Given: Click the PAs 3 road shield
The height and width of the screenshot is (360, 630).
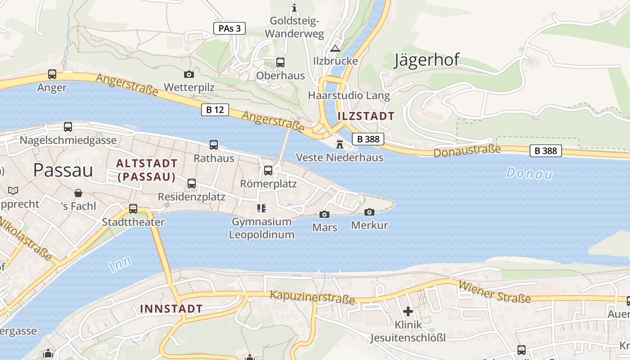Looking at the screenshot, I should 229,28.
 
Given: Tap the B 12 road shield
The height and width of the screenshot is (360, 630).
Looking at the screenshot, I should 215,110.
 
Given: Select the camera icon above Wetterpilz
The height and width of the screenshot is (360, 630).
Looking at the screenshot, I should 189,74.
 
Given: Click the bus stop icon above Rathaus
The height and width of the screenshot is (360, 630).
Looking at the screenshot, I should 214,145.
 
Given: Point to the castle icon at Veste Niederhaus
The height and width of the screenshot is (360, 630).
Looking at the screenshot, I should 339,144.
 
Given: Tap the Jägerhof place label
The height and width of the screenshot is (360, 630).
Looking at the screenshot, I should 426,60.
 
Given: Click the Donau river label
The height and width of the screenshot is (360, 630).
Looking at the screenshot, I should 529,173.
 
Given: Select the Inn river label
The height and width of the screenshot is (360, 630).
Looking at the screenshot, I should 121,264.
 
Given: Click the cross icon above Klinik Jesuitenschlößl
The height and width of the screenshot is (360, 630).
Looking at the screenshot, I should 408,311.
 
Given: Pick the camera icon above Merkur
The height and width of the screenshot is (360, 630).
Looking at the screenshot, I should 369,212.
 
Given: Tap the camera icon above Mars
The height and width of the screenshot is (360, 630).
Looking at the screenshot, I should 324,214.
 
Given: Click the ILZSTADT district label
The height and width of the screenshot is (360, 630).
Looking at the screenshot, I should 365,116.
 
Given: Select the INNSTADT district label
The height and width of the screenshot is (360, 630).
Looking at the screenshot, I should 171,309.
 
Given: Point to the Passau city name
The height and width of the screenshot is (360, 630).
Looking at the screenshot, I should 63,170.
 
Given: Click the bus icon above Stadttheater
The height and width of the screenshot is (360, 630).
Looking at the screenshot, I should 133,209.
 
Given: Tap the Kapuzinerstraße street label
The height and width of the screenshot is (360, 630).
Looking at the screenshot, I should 312,297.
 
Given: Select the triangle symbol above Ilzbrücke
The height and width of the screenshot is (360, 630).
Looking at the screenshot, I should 335,48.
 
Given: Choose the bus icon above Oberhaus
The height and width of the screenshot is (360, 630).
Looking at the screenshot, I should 280,63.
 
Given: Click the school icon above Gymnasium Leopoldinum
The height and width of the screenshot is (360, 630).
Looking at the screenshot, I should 261,208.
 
